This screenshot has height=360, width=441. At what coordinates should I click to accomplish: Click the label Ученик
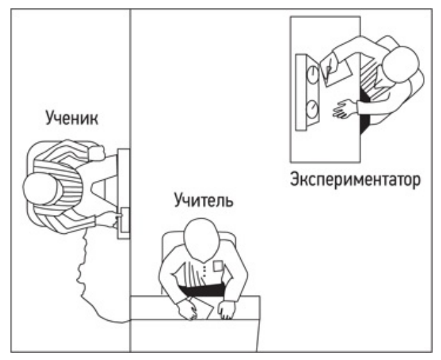click(x=72, y=118)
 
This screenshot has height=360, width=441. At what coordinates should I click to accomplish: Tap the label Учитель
click(x=204, y=201)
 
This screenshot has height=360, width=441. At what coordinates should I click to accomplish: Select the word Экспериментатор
click(x=355, y=180)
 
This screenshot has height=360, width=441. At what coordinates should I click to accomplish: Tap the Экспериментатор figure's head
click(x=401, y=65)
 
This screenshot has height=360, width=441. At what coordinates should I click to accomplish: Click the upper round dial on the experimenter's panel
click(x=312, y=73)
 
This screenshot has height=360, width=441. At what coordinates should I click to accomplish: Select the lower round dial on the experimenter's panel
click(x=312, y=109)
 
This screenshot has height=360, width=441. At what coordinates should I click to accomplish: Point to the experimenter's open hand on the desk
click(x=345, y=109)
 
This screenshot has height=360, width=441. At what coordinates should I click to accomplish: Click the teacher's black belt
click(x=202, y=290)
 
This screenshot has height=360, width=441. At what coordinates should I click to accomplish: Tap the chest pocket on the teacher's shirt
click(x=218, y=266)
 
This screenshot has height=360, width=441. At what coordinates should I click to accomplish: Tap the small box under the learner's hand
click(x=125, y=220)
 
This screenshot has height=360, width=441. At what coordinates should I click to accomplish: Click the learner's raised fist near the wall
click(x=97, y=152)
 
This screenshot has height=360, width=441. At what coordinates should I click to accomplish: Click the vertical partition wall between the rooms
click(x=130, y=180)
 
